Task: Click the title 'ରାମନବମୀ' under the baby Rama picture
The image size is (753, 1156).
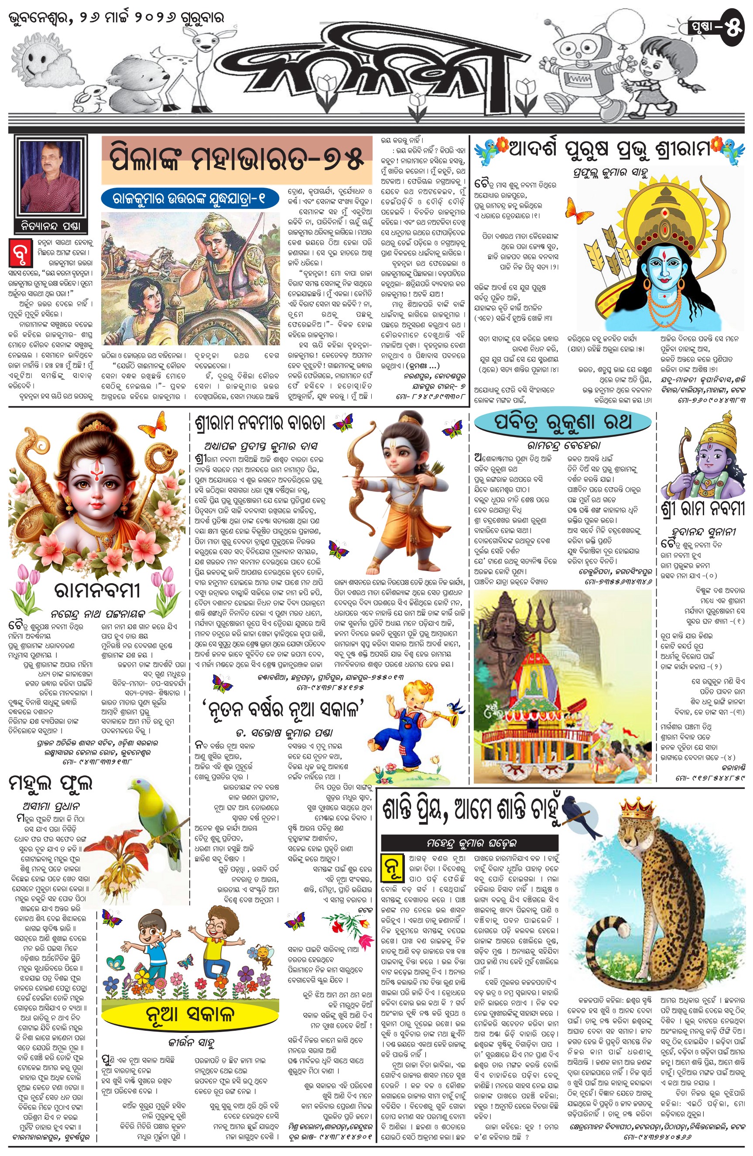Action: coord(97,591)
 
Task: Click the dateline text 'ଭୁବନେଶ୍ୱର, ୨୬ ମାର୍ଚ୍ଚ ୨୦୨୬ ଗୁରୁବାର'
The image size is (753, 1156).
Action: coord(117,18)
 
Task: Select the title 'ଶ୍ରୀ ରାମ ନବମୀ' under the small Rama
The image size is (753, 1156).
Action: coord(702,509)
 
